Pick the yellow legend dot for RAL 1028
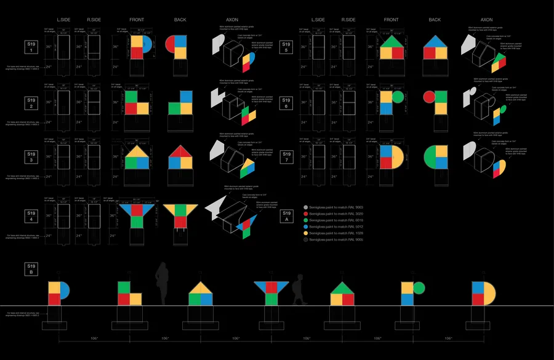coord(305,233)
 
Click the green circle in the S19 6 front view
coord(397,97)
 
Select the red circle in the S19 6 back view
coord(429,97)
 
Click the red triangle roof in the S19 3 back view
coord(179,151)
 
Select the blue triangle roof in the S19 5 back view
coord(435,41)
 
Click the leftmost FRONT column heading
coord(137,20)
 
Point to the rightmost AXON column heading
coord(486,20)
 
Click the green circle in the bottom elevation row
coord(419,287)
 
